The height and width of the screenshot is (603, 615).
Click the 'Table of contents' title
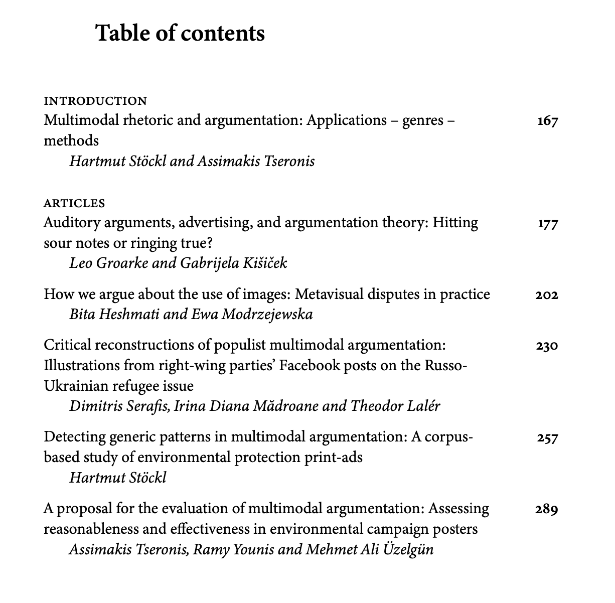[180, 33]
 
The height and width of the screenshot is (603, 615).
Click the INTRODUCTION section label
[95, 101]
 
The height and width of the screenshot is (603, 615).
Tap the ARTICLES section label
[74, 203]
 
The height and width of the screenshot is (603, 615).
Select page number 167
[547, 121]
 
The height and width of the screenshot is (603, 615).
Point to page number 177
[547, 224]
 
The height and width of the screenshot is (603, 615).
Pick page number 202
[546, 295]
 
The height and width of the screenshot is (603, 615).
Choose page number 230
[546, 346]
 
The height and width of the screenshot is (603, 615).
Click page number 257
[547, 438]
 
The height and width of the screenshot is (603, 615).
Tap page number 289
[546, 510]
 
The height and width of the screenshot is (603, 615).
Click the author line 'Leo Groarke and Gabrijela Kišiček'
[178, 263]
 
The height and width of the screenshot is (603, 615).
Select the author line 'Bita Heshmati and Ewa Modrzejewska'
[191, 314]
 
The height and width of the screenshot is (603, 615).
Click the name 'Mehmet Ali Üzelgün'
[370, 549]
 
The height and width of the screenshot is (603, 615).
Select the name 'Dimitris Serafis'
[120, 405]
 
